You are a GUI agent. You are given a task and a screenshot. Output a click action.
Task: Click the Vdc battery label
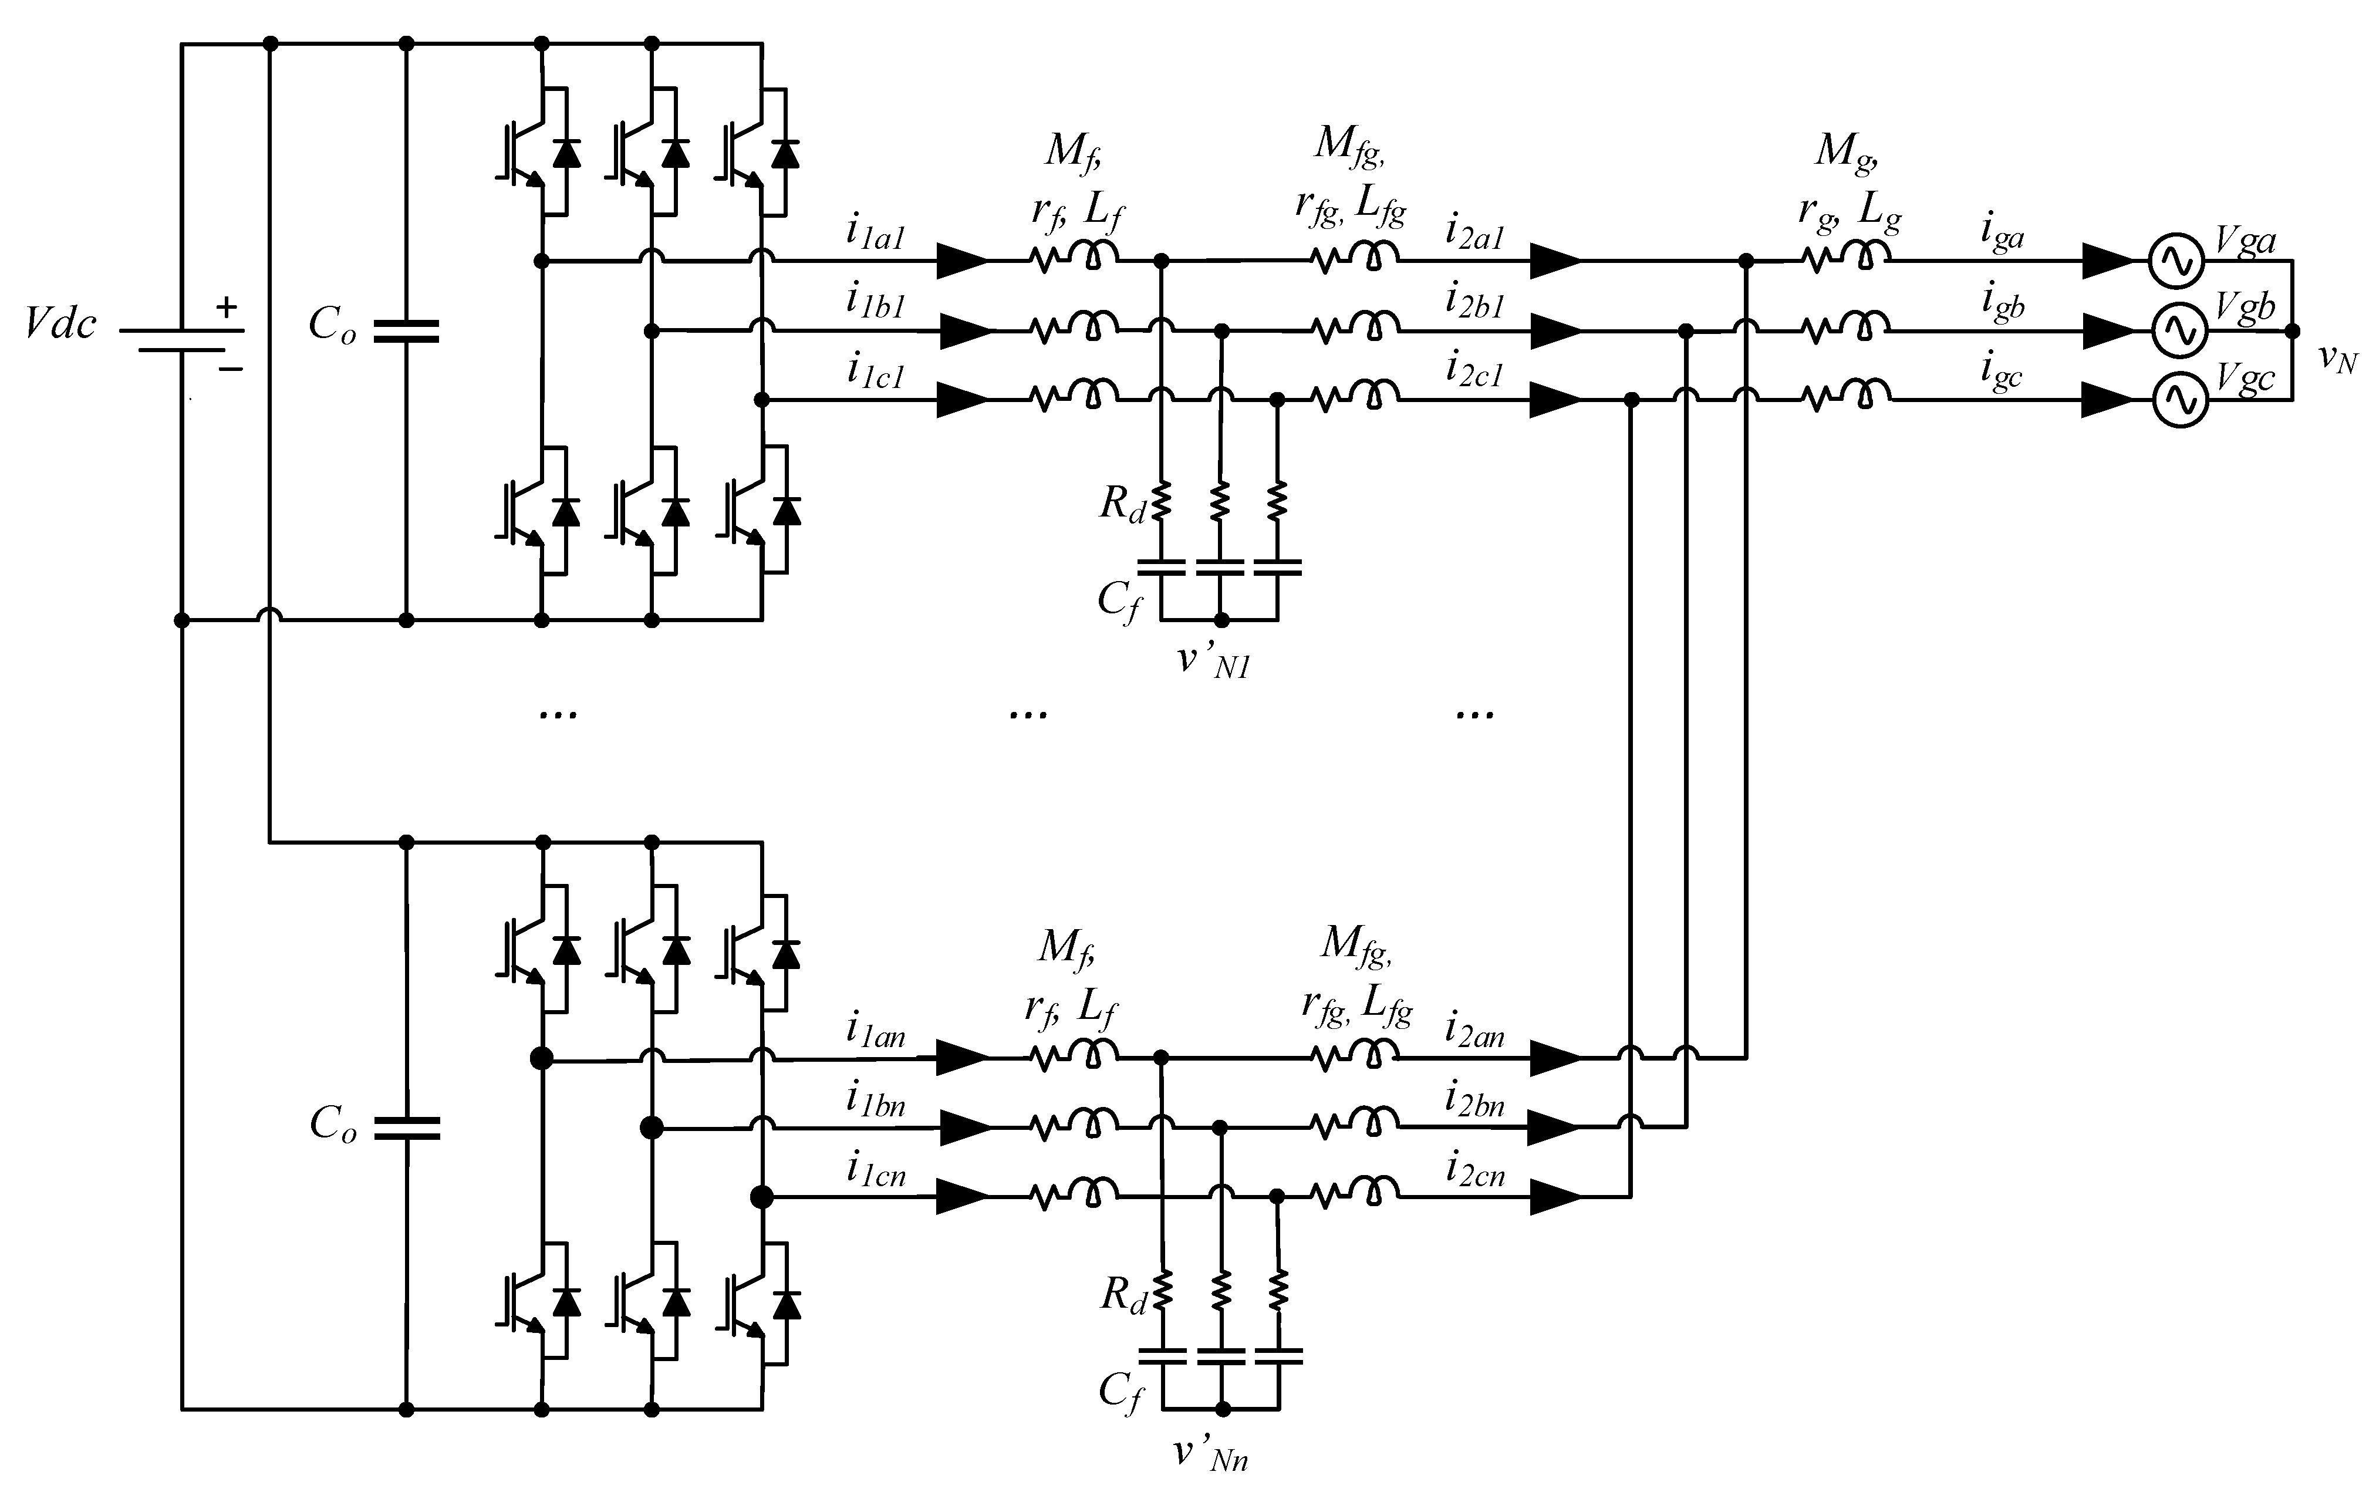pyautogui.click(x=61, y=323)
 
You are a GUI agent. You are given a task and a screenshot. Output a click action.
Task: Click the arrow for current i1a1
pyautogui.click(x=961, y=262)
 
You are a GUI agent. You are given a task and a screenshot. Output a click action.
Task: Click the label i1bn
pyautogui.click(x=875, y=1101)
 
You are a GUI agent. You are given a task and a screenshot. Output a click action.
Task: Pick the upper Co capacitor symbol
pyautogui.click(x=406, y=330)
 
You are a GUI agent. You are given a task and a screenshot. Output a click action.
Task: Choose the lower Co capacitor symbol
pyautogui.click(x=406, y=1128)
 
